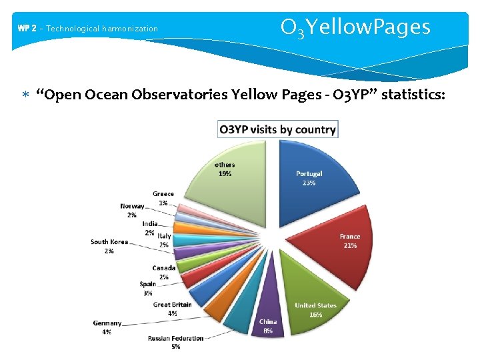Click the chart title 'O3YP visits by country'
click(278, 129)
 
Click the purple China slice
click(266, 313)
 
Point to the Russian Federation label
click(176, 339)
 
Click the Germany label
click(107, 323)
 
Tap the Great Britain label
click(173, 305)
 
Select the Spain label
click(148, 284)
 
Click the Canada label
click(163, 268)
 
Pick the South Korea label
click(109, 242)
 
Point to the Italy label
click(164, 236)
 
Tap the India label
click(150, 224)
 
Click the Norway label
click(132, 207)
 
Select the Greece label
click(163, 194)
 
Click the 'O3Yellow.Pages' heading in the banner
click(355, 28)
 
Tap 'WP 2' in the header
click(27, 29)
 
